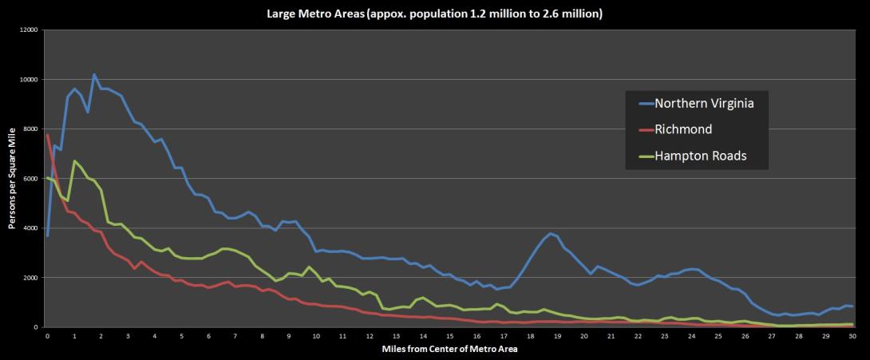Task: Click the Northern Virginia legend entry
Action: point(703,103)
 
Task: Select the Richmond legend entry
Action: point(684,129)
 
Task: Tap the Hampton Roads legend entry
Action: point(701,156)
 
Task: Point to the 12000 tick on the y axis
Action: point(29,30)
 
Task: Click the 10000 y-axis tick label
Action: point(29,80)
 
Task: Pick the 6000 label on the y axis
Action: point(30,179)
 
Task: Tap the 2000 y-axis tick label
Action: point(30,278)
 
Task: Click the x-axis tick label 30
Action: point(852,337)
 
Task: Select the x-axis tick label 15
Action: point(450,337)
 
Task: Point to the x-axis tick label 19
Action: point(557,337)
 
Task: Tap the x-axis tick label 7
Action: point(235,337)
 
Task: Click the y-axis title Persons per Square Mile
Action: point(13,179)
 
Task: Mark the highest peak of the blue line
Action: point(94,75)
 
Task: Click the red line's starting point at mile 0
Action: point(48,135)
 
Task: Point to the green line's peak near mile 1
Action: point(74,161)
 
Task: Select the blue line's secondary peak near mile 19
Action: point(550,233)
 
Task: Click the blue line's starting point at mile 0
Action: point(48,235)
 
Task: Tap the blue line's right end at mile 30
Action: point(852,307)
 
